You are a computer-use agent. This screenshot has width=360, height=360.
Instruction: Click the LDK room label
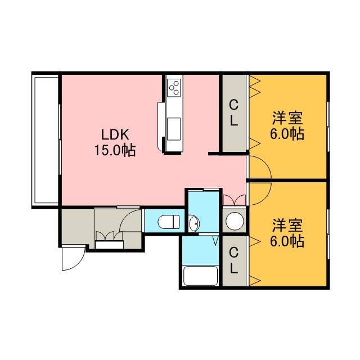point(115,135)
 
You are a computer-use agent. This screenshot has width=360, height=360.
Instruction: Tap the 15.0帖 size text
point(115,151)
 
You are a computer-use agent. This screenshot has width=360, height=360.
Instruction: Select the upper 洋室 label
point(287,118)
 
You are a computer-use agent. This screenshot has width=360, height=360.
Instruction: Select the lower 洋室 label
point(287,225)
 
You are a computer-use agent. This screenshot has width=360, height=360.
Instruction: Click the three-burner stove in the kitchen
point(174,88)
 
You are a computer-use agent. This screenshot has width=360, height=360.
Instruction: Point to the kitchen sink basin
point(174,129)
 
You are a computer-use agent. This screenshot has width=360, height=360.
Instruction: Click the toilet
point(169,222)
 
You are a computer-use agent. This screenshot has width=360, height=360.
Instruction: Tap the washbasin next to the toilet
point(194,223)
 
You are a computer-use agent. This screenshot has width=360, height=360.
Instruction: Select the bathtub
point(201,276)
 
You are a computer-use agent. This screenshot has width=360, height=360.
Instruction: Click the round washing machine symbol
point(235,220)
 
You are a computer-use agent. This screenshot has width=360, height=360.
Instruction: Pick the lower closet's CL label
point(234,260)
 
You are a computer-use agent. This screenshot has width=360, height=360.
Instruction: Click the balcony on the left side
point(46,140)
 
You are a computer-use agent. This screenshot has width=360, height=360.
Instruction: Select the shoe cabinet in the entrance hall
point(109,244)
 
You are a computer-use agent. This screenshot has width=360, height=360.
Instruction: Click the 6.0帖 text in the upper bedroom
point(287,134)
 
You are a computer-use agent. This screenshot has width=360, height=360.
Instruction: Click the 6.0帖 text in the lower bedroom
point(287,241)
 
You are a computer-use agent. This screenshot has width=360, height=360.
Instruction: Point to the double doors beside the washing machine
point(234,200)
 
